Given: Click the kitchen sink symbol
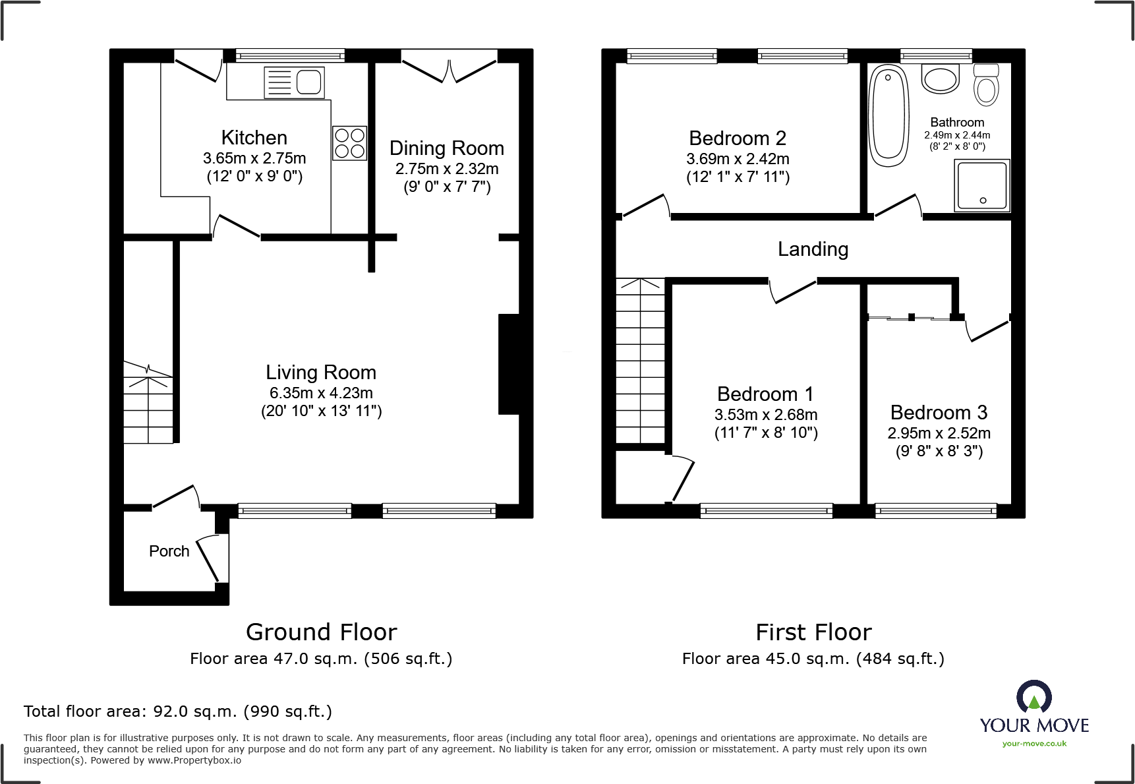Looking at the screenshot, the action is pyautogui.click(x=294, y=82).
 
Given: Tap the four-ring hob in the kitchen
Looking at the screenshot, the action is pyautogui.click(x=349, y=143).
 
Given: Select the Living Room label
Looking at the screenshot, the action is pyautogui.click(x=321, y=373).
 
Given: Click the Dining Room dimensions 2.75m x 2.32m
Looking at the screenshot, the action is pyautogui.click(x=447, y=169).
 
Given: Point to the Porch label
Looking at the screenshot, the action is pyautogui.click(x=169, y=551).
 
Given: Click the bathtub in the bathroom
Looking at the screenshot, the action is pyautogui.click(x=888, y=115).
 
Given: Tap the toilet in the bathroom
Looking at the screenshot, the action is pyautogui.click(x=987, y=86).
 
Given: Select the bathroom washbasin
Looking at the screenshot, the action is pyautogui.click(x=941, y=79).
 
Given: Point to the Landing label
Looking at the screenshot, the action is pyautogui.click(x=813, y=249).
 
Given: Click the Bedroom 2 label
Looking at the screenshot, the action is pyautogui.click(x=737, y=138).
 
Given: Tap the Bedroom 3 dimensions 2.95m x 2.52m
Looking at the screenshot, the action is pyautogui.click(x=939, y=433).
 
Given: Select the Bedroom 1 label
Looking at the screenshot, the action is pyautogui.click(x=765, y=394).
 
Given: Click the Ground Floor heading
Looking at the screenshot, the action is pyautogui.click(x=321, y=632).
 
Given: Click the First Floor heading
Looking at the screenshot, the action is pyautogui.click(x=813, y=632).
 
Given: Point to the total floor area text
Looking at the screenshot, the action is pyautogui.click(x=178, y=711).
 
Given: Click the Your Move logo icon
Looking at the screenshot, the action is pyautogui.click(x=1033, y=697).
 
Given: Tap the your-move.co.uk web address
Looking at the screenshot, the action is pyautogui.click(x=1034, y=744).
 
